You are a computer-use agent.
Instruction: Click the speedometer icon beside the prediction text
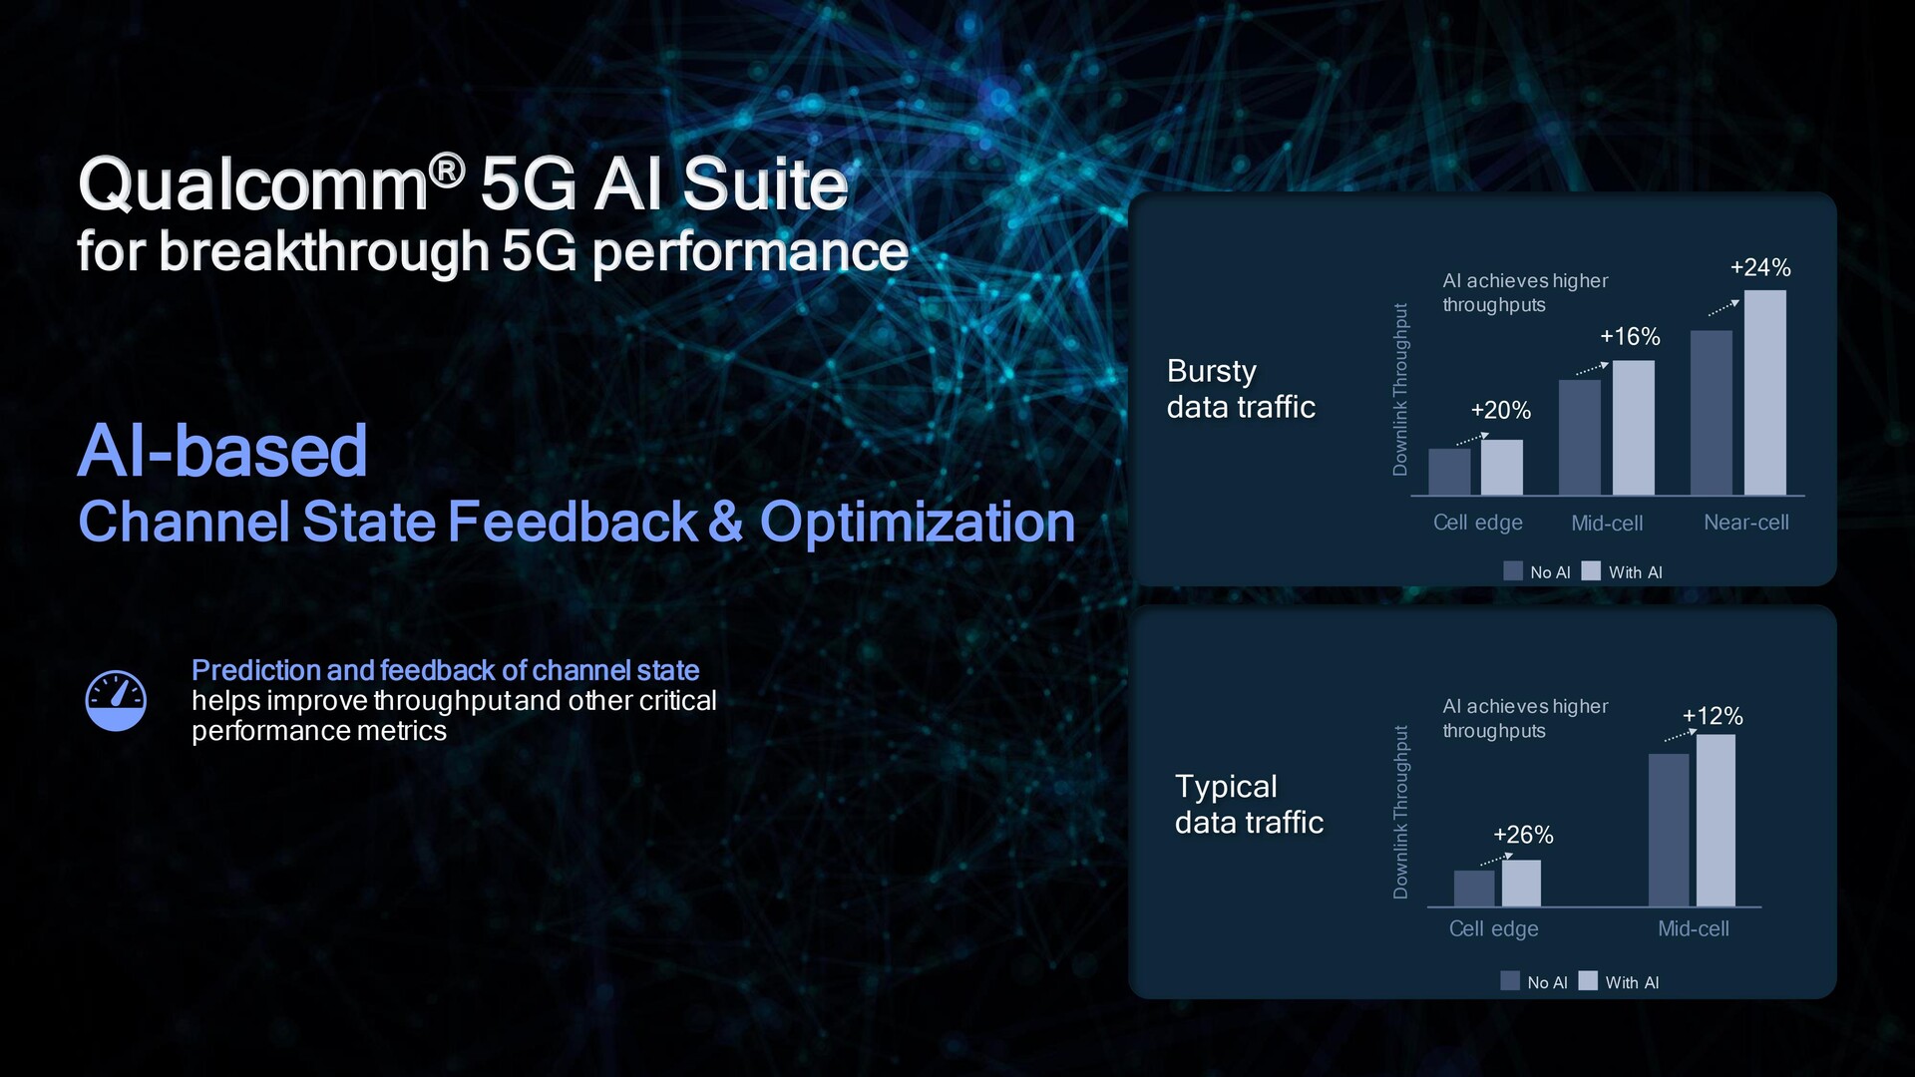click(x=116, y=700)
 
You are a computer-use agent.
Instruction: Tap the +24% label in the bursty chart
click(x=1760, y=267)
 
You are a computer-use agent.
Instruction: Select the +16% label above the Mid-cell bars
click(x=1630, y=337)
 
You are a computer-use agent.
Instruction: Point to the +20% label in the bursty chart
click(x=1500, y=410)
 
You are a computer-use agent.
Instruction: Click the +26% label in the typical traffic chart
click(x=1523, y=835)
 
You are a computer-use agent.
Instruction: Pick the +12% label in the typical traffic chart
click(x=1713, y=716)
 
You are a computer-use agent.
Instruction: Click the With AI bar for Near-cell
click(x=1765, y=393)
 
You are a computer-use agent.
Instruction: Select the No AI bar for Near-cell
click(x=1712, y=413)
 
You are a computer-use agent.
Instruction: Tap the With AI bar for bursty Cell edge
click(x=1502, y=468)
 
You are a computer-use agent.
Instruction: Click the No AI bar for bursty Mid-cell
click(x=1580, y=438)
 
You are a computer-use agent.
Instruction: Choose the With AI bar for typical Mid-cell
click(x=1716, y=821)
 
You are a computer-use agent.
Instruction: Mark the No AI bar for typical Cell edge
click(x=1474, y=889)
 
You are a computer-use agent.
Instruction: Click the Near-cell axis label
click(x=1746, y=523)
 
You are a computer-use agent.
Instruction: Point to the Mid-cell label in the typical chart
click(x=1694, y=928)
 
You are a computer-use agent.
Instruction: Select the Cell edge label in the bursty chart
click(x=1478, y=524)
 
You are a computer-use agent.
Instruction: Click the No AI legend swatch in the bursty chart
click(x=1513, y=571)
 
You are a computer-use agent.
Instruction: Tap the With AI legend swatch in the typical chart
click(x=1588, y=981)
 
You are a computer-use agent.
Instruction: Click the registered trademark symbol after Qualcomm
click(x=448, y=171)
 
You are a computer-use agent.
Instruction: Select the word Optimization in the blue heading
click(x=918, y=523)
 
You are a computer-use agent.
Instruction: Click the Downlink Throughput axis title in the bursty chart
click(x=1400, y=390)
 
